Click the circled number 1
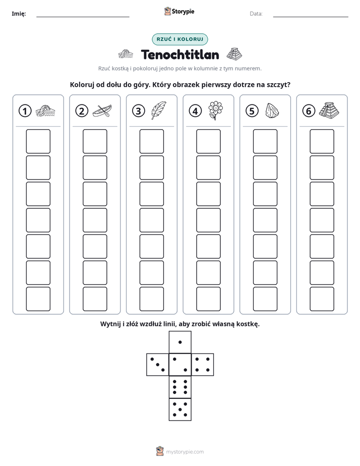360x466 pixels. tap(25, 111)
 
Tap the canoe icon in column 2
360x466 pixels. tap(102, 111)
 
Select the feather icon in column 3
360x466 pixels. tap(159, 110)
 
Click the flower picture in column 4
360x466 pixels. tap(215, 110)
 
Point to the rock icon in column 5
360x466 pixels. tap(272, 111)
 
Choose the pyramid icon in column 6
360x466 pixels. tap(329, 109)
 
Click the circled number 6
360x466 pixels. tap(309, 111)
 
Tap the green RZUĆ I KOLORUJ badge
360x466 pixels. tap(180, 39)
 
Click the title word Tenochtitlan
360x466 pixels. tap(180, 54)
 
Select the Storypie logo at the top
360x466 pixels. tap(179, 12)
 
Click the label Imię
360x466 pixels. tap(19, 14)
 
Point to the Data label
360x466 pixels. tap(256, 14)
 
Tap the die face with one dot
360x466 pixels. tap(180, 342)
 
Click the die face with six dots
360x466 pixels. tap(180, 387)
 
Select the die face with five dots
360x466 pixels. tap(180, 410)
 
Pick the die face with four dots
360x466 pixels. tap(203, 365)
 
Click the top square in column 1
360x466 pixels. tap(38, 141)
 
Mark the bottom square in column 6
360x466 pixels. tap(322, 299)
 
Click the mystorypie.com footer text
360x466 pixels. tap(185, 452)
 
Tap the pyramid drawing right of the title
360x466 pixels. tap(234, 53)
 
